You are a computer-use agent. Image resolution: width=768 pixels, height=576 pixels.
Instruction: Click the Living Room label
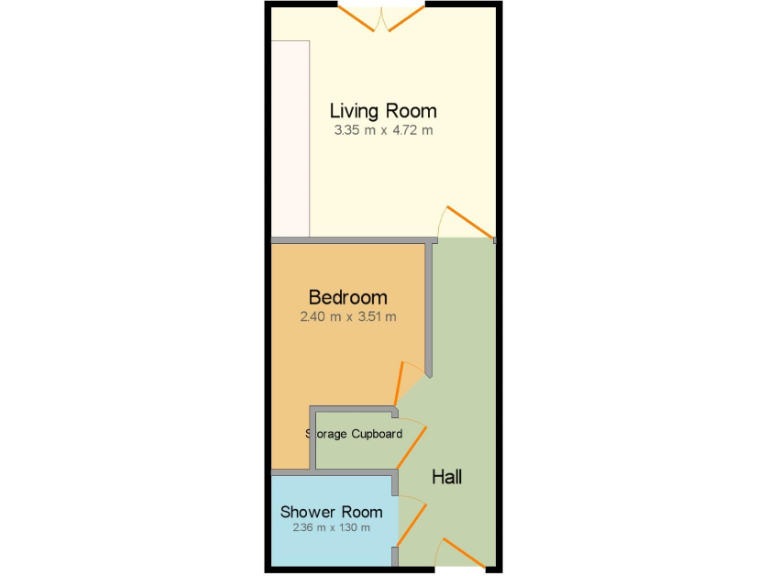[x=383, y=111]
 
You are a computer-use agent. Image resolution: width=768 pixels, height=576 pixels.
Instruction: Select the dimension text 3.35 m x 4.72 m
[x=383, y=130]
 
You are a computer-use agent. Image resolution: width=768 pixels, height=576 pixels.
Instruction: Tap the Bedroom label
[x=348, y=297]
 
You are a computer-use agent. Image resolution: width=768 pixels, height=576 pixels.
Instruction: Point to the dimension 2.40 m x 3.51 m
[x=348, y=317]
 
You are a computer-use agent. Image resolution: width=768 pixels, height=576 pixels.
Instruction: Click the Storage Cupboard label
[x=354, y=434]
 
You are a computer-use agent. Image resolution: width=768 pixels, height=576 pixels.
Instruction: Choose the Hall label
[x=447, y=477]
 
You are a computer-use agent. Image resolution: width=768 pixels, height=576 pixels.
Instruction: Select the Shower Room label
[x=331, y=512]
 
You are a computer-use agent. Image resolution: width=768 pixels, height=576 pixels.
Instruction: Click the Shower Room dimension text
[x=331, y=528]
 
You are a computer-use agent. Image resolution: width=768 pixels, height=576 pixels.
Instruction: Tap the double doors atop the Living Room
[x=383, y=18]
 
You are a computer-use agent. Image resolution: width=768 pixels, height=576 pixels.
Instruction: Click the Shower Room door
[x=412, y=520]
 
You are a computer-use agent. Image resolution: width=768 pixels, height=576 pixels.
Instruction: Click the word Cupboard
[x=376, y=434]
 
